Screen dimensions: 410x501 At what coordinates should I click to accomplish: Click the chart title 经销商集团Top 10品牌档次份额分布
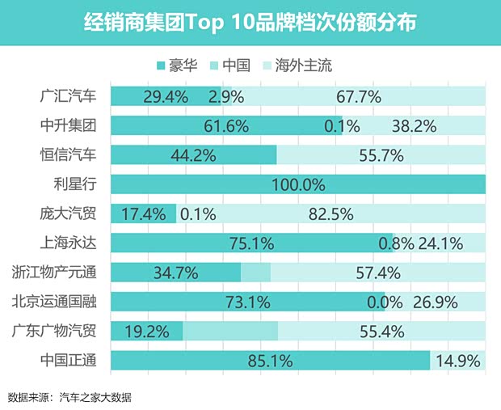250,22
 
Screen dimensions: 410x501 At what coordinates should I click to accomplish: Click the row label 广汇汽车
68,96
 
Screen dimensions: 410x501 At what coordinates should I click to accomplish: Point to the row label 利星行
75,184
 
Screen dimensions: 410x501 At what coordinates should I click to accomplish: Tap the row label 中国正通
68,361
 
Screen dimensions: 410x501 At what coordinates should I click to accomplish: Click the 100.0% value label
297,185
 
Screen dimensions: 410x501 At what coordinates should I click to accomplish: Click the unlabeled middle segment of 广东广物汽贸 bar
230,332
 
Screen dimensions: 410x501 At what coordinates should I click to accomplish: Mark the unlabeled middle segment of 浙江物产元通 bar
256,273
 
